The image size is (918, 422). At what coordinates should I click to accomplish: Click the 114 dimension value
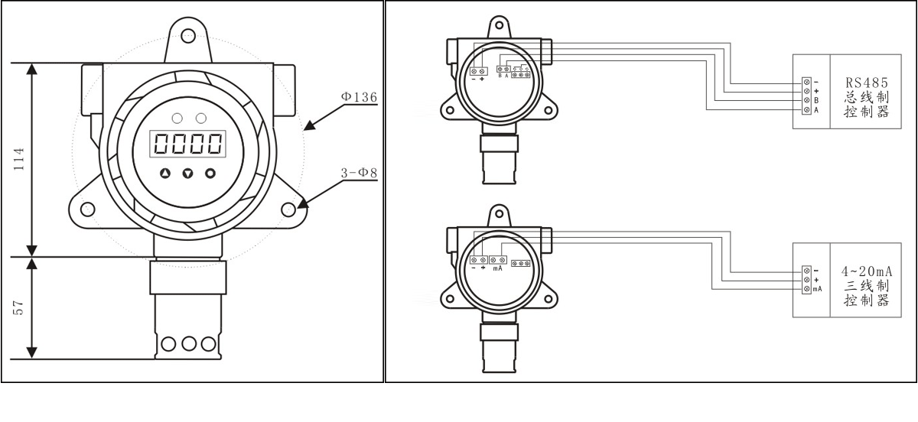(x=19, y=159)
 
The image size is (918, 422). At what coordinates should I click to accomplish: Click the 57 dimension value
(x=19, y=307)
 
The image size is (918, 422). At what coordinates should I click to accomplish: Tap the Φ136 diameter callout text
(x=359, y=96)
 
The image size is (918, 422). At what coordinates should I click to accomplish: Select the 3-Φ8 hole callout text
(x=359, y=173)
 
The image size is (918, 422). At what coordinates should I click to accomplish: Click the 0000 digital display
(x=187, y=144)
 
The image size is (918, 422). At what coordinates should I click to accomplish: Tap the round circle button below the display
(x=210, y=174)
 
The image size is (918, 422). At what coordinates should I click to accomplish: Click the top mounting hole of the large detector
(x=188, y=35)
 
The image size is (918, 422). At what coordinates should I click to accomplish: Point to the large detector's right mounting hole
(x=288, y=209)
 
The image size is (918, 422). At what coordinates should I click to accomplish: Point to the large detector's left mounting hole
(x=88, y=209)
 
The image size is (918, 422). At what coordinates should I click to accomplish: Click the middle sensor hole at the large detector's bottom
(x=188, y=344)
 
